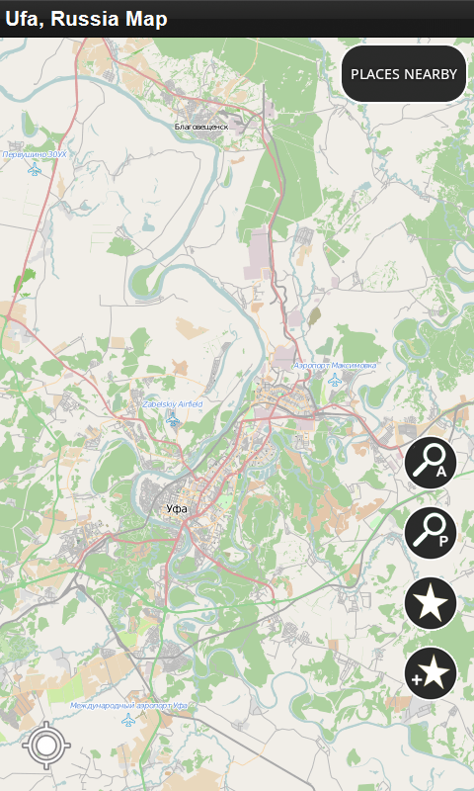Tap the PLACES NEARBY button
click(x=404, y=73)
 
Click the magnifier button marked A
click(x=431, y=462)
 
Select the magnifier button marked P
click(x=431, y=532)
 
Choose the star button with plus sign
click(x=431, y=673)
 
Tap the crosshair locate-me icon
click(x=44, y=746)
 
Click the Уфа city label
click(x=177, y=508)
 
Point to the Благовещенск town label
click(x=201, y=127)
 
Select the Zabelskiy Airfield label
click(x=173, y=403)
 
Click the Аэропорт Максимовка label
click(x=335, y=366)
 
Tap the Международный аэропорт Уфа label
click(x=128, y=705)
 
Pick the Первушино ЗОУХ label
click(x=36, y=154)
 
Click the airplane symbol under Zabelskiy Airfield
click(x=173, y=420)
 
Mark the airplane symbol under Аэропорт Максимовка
click(x=335, y=382)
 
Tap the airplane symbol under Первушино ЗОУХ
click(x=36, y=170)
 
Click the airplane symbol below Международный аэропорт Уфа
click(x=128, y=721)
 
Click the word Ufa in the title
click(x=22, y=19)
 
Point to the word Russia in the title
click(x=86, y=19)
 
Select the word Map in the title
click(x=145, y=19)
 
